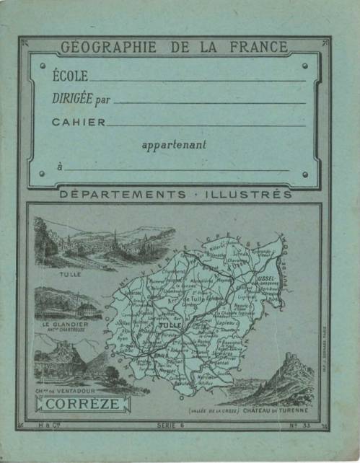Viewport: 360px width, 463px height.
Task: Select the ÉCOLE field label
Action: [x=70, y=75]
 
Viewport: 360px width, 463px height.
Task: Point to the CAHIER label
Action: [x=78, y=122]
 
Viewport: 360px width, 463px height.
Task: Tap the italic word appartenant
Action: [x=174, y=145]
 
